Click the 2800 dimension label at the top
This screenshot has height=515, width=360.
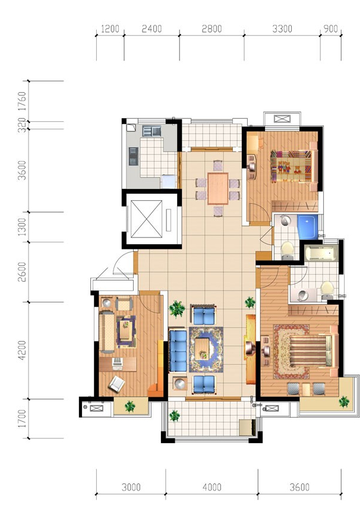211,29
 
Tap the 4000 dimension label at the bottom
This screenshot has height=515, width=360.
212,487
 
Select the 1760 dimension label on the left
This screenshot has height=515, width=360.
21,101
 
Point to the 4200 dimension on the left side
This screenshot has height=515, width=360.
21,350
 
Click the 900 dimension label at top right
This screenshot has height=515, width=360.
330,29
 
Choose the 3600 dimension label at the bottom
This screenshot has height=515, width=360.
299,487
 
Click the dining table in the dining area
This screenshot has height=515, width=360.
218,188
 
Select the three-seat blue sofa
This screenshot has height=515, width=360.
178,351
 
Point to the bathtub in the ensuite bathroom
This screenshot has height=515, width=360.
320,254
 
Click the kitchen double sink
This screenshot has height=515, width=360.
151,131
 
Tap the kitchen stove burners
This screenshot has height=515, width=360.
133,156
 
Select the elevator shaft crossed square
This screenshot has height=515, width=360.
147,219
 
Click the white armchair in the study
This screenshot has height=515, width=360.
116,384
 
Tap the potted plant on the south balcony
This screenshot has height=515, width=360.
175,415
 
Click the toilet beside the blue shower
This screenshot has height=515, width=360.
288,251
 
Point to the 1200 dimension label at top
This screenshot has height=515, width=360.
110,29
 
